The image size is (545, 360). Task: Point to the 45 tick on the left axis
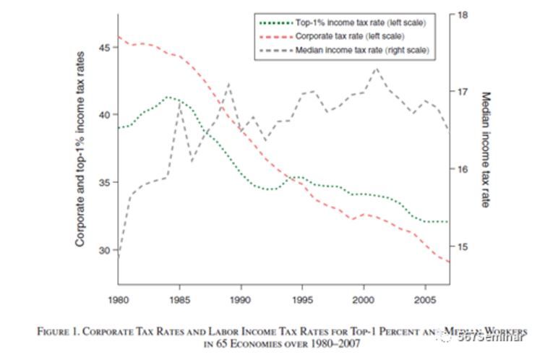click(x=106, y=47)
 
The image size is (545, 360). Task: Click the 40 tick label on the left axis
click(x=106, y=115)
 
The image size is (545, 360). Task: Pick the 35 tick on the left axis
click(x=106, y=182)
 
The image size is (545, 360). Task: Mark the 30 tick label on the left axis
click(x=106, y=250)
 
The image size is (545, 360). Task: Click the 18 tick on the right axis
click(x=463, y=14)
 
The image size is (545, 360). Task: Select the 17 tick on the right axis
click(x=463, y=92)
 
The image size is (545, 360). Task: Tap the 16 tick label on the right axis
click(x=463, y=169)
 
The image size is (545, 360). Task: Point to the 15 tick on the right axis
click(x=463, y=247)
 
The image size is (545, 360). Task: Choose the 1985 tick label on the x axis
click(x=179, y=299)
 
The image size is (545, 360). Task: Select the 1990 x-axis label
click(x=241, y=299)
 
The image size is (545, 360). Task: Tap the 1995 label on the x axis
click(x=302, y=299)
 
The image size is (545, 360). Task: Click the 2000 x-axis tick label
click(x=364, y=299)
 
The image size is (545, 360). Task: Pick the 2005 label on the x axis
click(x=425, y=299)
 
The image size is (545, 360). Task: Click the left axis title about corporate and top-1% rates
click(x=82, y=149)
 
